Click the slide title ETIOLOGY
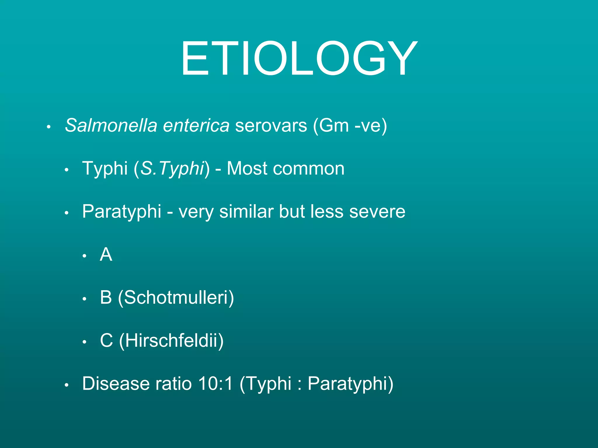click(299, 58)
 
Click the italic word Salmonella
click(111, 125)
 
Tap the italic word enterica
click(196, 125)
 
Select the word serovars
click(271, 125)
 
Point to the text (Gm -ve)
click(350, 125)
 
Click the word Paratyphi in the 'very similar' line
click(121, 211)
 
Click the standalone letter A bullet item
click(106, 254)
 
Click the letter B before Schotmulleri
click(106, 297)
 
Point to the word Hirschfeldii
click(171, 340)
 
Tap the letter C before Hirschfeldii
click(106, 340)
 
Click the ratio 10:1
click(215, 383)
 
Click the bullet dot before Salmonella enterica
click(49, 127)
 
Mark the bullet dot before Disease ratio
click(67, 385)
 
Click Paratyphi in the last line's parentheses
click(347, 383)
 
